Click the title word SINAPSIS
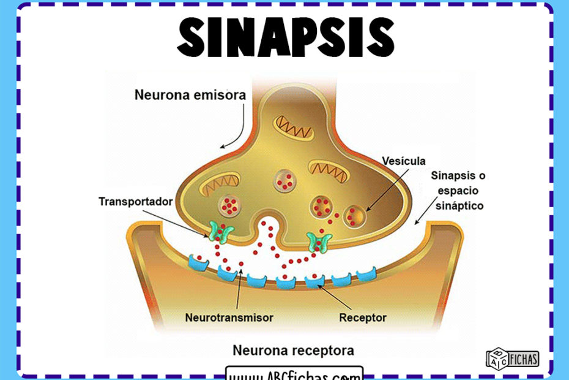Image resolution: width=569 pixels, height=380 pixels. point(284,36)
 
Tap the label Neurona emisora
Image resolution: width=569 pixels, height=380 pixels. point(190,96)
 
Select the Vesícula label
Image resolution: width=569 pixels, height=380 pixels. point(403,161)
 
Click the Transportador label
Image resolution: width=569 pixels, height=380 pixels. point(135,201)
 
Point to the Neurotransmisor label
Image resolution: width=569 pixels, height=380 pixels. point(229,317)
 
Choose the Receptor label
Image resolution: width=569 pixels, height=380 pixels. point(362,317)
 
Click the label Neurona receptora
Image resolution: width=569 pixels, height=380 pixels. point(293,351)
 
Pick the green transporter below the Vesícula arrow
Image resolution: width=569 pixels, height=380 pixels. point(319,242)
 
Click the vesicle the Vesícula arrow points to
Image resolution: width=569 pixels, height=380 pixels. point(355,216)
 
